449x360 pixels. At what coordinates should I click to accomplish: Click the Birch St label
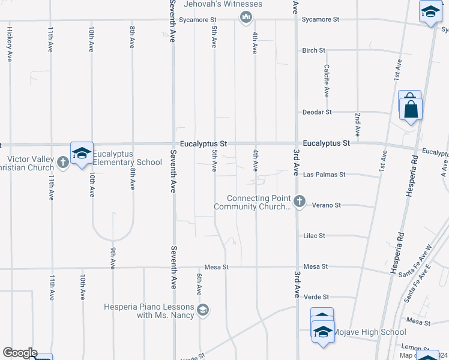click(x=314, y=50)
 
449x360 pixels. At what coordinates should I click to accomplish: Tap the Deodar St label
click(x=318, y=112)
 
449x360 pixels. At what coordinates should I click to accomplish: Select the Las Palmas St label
click(x=325, y=175)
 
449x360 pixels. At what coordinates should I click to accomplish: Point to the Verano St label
click(x=327, y=205)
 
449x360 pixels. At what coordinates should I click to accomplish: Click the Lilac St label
click(x=315, y=236)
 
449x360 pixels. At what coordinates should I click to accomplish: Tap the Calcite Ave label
click(x=327, y=80)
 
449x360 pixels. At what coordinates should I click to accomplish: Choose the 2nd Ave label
click(x=358, y=122)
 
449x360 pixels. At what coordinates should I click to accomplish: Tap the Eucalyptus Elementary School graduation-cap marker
click(x=81, y=153)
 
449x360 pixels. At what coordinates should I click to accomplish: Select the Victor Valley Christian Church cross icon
click(x=62, y=162)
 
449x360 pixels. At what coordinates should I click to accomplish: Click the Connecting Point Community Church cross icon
click(x=300, y=201)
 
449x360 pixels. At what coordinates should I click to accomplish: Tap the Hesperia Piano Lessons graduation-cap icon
click(x=203, y=310)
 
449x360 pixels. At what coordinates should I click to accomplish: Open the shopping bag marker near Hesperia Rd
click(x=411, y=109)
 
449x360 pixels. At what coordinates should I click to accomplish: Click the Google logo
click(x=19, y=353)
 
